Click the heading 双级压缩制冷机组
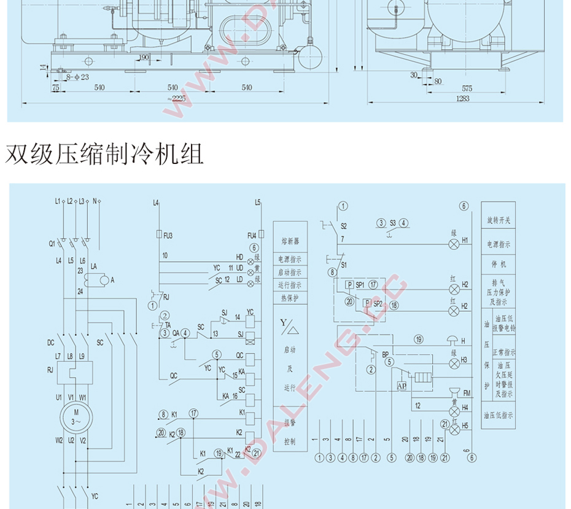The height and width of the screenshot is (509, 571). (x=104, y=154)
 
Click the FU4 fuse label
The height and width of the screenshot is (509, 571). (x=252, y=235)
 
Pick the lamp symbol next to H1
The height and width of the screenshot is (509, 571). (x=454, y=244)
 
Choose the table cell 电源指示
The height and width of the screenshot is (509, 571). (x=498, y=244)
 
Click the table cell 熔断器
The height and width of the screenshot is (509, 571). (x=290, y=241)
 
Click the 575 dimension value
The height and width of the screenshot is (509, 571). (x=467, y=88)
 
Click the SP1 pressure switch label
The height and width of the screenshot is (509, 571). (x=360, y=285)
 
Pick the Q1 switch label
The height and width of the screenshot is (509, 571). (x=52, y=243)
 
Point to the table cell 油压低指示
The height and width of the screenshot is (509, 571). (x=498, y=416)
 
